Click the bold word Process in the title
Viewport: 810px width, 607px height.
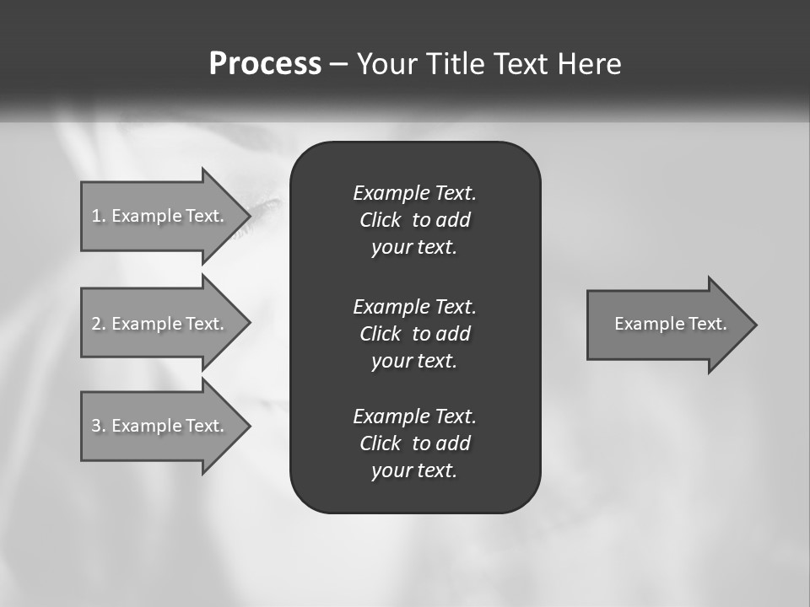click(x=265, y=64)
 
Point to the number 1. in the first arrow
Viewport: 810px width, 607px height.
click(x=99, y=216)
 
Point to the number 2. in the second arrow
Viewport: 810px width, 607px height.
click(x=99, y=324)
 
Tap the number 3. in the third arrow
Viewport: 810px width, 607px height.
click(x=99, y=426)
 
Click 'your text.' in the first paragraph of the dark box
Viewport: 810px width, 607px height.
click(x=414, y=248)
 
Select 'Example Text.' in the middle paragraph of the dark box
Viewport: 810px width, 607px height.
click(x=414, y=307)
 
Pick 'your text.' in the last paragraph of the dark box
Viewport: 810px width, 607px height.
click(x=414, y=471)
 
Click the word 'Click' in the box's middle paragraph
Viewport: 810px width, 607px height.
click(x=380, y=334)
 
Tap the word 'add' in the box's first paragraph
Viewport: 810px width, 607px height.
click(x=453, y=221)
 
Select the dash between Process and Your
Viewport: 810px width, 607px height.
click(x=338, y=64)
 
